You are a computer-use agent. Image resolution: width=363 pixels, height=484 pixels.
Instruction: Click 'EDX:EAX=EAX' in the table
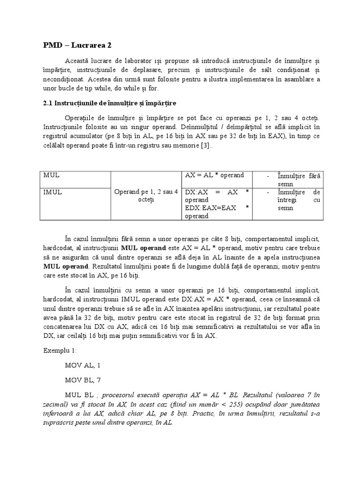210,208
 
